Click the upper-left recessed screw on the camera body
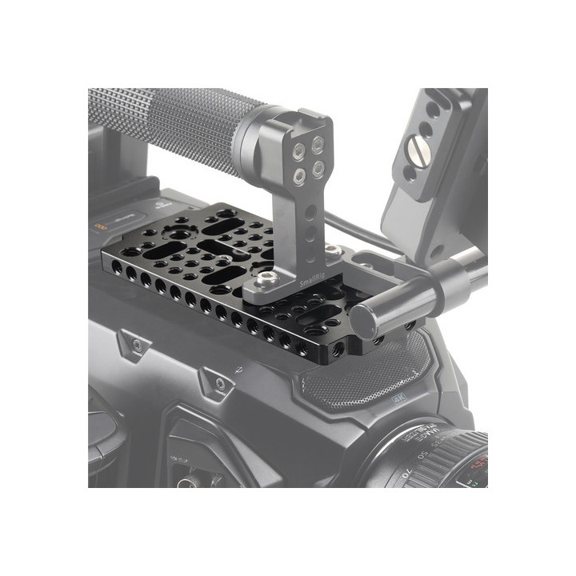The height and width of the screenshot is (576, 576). tap(137, 344)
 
